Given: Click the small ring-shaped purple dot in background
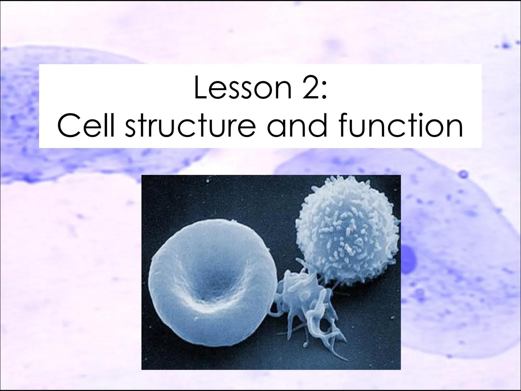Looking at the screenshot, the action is pos(463,174).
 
